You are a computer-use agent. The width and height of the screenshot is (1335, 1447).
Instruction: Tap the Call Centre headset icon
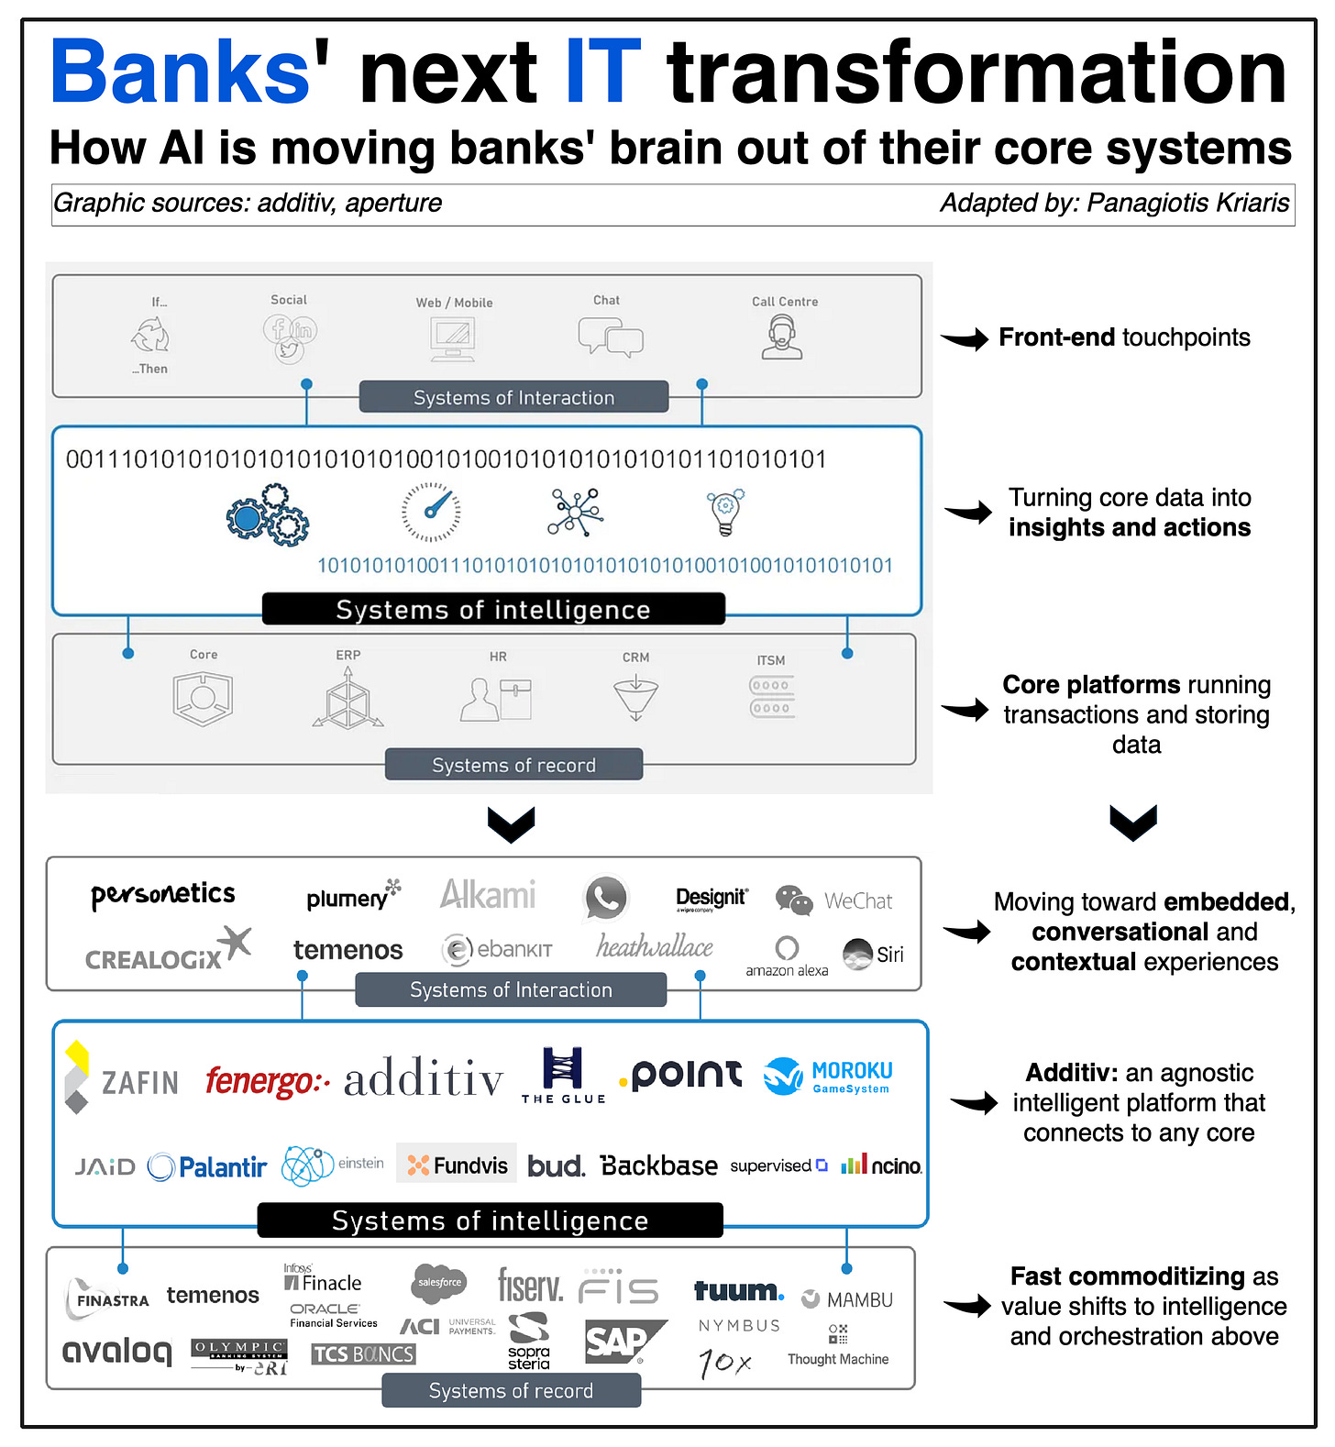[x=782, y=337]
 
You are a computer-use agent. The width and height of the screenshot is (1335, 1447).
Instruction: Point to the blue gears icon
[x=268, y=515]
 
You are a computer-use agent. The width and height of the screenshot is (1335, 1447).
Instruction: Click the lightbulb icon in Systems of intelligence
[x=725, y=512]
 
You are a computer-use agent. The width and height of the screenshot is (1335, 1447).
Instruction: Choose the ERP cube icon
[x=348, y=699]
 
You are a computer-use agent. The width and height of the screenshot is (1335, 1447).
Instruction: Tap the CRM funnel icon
[x=635, y=698]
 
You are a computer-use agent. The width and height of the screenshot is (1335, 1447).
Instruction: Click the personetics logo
[x=163, y=895]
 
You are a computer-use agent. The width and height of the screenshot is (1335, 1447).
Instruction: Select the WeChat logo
[x=833, y=900]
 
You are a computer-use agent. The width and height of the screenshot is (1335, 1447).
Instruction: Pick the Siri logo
[x=873, y=954]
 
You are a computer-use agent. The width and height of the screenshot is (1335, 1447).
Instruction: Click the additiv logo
[x=424, y=1079]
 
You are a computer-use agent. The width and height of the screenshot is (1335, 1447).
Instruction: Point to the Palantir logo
[x=207, y=1166]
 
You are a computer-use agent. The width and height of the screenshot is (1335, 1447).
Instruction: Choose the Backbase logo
[x=658, y=1165]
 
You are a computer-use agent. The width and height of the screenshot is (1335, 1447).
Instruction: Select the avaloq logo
[x=117, y=1351]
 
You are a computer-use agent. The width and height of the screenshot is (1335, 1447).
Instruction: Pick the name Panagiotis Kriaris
[x=1187, y=203]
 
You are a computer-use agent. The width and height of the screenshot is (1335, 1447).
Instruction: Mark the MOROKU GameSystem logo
[x=829, y=1076]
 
